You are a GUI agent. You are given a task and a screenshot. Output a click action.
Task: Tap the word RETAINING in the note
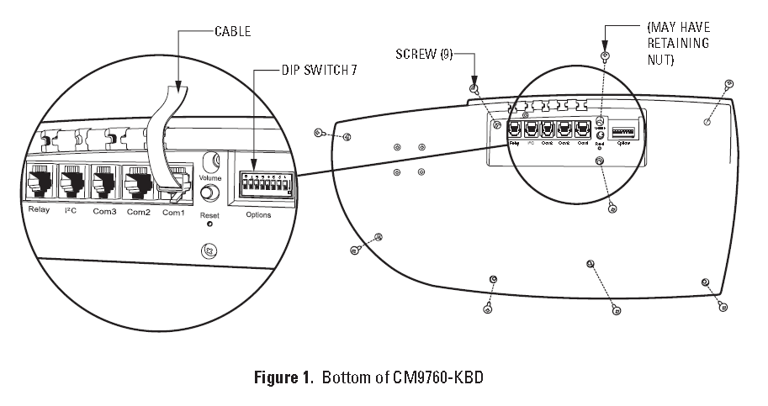click(677, 43)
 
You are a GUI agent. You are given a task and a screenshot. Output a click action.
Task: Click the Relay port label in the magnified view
click(40, 210)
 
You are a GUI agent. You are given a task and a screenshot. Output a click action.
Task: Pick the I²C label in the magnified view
click(71, 210)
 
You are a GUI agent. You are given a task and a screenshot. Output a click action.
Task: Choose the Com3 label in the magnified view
click(104, 210)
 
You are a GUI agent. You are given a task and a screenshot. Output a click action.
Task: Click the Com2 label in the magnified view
click(138, 210)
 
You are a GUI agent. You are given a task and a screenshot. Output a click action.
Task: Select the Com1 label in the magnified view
click(173, 210)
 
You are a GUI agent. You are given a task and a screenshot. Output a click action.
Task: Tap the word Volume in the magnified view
click(211, 178)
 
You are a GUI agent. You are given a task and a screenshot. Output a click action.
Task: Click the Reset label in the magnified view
click(209, 215)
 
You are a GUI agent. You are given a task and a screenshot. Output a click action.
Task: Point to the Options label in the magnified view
click(258, 215)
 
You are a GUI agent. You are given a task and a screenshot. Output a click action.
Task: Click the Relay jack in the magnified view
click(40, 180)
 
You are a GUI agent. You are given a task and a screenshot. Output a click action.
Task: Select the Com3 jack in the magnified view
click(104, 180)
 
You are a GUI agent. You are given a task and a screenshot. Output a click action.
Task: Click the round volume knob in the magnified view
click(209, 194)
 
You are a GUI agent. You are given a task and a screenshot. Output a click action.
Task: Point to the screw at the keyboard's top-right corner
click(728, 83)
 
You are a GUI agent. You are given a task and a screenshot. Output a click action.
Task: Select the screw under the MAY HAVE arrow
click(604, 56)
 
